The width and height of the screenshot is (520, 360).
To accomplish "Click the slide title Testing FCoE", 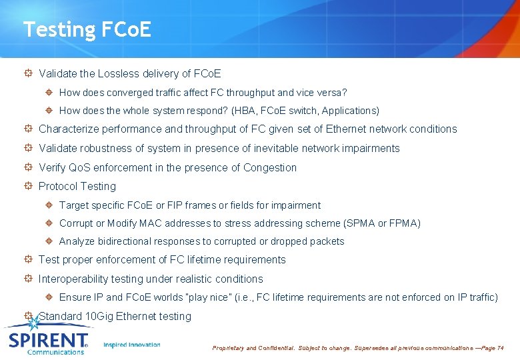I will click(x=87, y=29).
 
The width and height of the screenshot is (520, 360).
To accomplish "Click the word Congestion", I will click(x=270, y=167).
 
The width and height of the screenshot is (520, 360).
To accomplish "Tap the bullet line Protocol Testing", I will click(x=77, y=186).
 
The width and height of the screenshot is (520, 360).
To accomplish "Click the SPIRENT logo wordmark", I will click(x=48, y=340).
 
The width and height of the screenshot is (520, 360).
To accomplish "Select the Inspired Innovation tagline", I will click(x=132, y=345).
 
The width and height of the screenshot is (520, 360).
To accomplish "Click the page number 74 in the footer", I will click(x=500, y=348).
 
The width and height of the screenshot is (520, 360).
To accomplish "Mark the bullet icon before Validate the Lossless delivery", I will click(x=28, y=73).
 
